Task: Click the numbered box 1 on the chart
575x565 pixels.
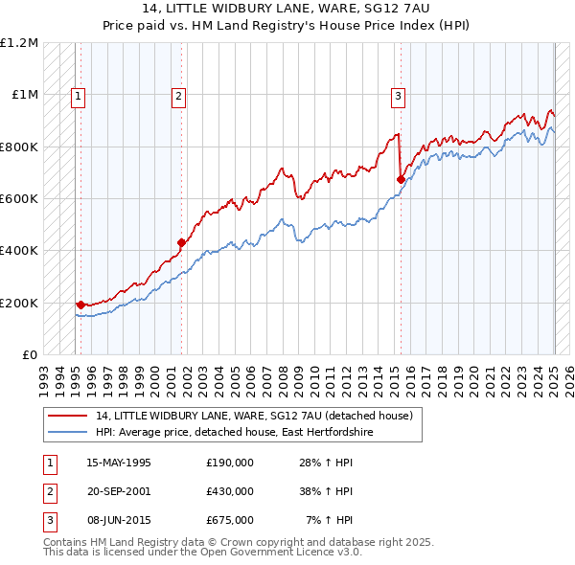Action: (x=77, y=95)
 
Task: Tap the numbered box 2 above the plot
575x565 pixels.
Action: (x=179, y=95)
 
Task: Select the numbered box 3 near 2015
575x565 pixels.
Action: (x=398, y=95)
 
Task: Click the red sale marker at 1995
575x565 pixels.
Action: (x=80, y=305)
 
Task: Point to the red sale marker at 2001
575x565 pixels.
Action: (x=181, y=242)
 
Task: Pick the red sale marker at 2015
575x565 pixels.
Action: (x=401, y=179)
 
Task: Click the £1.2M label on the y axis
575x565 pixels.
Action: (x=19, y=43)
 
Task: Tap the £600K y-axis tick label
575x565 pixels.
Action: (x=19, y=199)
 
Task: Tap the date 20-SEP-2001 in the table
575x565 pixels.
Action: (x=118, y=490)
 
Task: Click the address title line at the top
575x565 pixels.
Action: (x=287, y=10)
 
